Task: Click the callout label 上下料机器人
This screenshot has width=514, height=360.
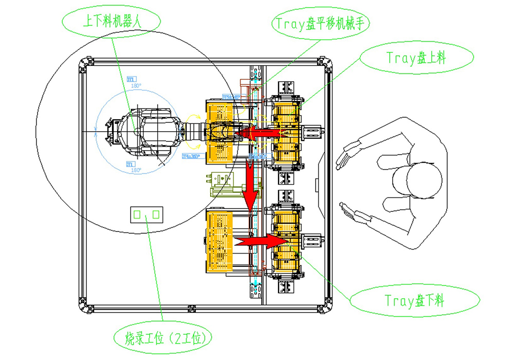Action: [x=111, y=21]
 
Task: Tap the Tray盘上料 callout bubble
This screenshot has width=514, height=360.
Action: [x=416, y=58]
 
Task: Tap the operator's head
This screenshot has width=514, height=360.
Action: [x=416, y=181]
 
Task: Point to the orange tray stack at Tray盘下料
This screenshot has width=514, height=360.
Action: [x=286, y=240]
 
